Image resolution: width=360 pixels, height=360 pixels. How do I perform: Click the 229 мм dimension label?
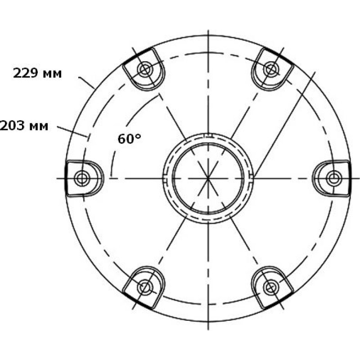coord(37,73)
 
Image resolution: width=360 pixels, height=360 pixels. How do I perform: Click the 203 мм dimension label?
coord(24,126)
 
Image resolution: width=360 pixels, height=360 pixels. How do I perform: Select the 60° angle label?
coord(130,139)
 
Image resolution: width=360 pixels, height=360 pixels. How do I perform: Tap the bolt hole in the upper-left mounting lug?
coord(145,69)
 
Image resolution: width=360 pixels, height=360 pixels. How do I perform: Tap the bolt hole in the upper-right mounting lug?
coord(270,69)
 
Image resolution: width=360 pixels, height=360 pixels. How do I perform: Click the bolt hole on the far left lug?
coord(82,178)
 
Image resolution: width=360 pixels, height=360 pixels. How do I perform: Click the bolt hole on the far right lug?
coord(333,178)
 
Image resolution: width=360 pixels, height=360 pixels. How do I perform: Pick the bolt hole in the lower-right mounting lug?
coord(270,287)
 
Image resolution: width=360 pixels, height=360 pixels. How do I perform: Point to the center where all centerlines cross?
coord(208,178)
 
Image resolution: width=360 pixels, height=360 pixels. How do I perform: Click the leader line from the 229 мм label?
coord(86,82)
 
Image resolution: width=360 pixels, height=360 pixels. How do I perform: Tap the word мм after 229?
coord(52,74)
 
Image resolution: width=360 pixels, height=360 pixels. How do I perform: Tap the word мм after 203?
coord(39,126)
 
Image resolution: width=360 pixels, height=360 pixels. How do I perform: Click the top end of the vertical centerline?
coord(208,31)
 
